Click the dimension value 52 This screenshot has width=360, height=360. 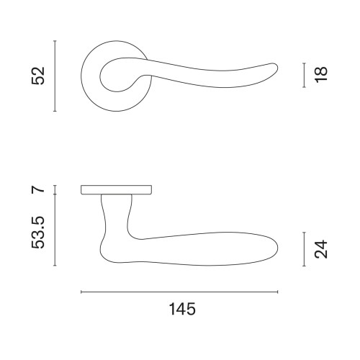pyautogui.click(x=38, y=76)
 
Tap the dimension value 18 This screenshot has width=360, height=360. pyautogui.click(x=321, y=75)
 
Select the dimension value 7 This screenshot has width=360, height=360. pyautogui.click(x=38, y=189)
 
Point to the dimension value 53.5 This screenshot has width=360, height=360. pyautogui.click(x=38, y=233)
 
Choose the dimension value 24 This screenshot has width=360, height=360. pyautogui.click(x=321, y=249)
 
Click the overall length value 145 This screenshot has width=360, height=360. pyautogui.click(x=182, y=309)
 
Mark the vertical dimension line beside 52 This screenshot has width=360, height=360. pyautogui.click(x=55, y=76)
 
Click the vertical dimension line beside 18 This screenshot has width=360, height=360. pyautogui.click(x=304, y=75)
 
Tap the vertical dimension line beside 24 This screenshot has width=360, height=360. pyautogui.click(x=304, y=249)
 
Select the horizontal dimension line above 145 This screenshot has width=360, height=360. pyautogui.click(x=179, y=292)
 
